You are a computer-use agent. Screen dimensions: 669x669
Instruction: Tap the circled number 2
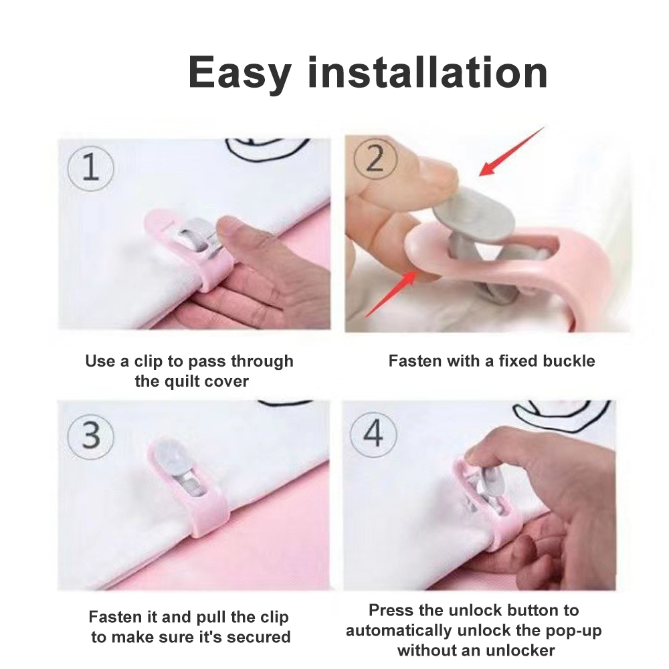pos(375,159)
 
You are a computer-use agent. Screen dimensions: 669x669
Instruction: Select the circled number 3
pos(91,434)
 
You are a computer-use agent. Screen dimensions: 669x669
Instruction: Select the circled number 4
pos(373,433)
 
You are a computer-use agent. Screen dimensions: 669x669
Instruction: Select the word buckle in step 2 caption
pos(569,361)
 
